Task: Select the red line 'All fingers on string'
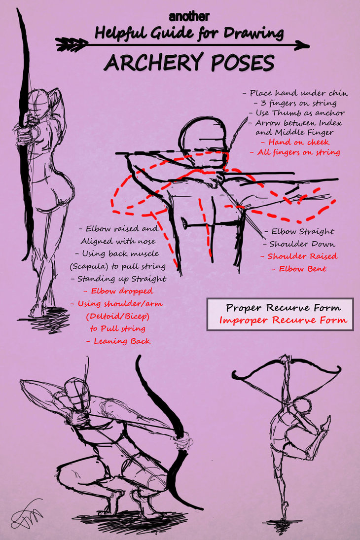[x=299, y=152]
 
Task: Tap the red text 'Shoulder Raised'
[x=302, y=256]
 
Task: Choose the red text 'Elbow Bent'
[x=299, y=269]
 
